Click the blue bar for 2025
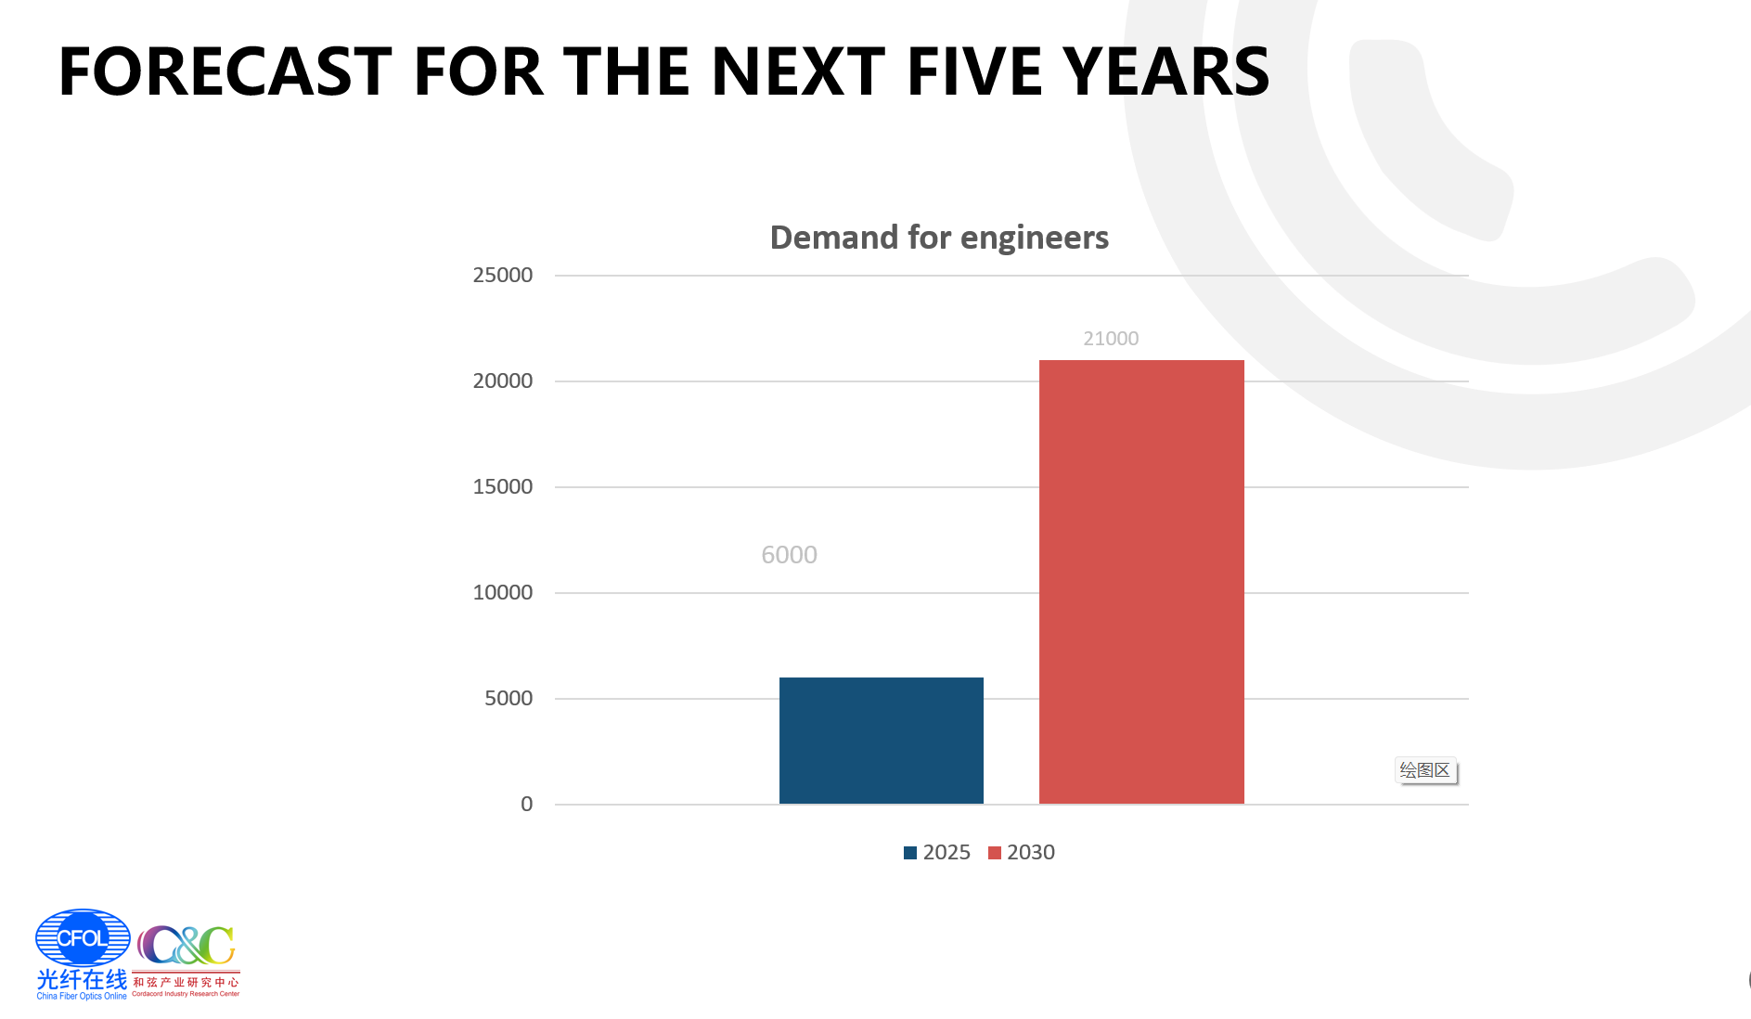pos(881,740)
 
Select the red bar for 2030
pos(1140,581)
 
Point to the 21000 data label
pos(1111,339)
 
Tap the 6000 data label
pos(789,555)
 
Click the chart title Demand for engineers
pos(939,238)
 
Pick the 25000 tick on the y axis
pos(503,275)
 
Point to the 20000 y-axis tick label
pos(503,381)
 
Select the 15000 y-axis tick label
pos(503,486)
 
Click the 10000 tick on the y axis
pos(503,592)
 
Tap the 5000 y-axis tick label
pos(509,698)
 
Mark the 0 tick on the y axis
pos(527,804)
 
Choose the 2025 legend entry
pos(937,852)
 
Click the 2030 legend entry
pos(1022,852)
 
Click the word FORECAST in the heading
pos(225,71)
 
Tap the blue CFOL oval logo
pos(83,937)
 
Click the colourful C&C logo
pos(187,947)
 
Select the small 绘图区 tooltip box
pos(1425,770)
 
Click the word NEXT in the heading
pos(798,71)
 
